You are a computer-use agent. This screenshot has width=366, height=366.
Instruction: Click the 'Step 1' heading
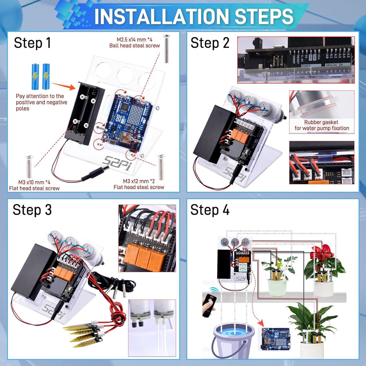point(32,43)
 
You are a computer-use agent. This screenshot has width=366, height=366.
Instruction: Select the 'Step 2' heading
point(210,43)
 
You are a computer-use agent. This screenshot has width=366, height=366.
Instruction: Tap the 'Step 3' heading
point(32,210)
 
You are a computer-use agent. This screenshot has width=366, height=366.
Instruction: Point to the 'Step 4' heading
point(210,210)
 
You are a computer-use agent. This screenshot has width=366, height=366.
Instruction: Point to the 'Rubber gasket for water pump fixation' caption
point(321,125)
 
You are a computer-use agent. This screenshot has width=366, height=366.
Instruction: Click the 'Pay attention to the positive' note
point(41,102)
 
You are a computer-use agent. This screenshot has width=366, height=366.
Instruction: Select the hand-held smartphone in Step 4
point(209,305)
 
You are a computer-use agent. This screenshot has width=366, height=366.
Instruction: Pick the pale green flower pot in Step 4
point(277,287)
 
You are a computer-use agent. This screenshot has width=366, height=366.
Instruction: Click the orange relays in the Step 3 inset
point(146,256)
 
